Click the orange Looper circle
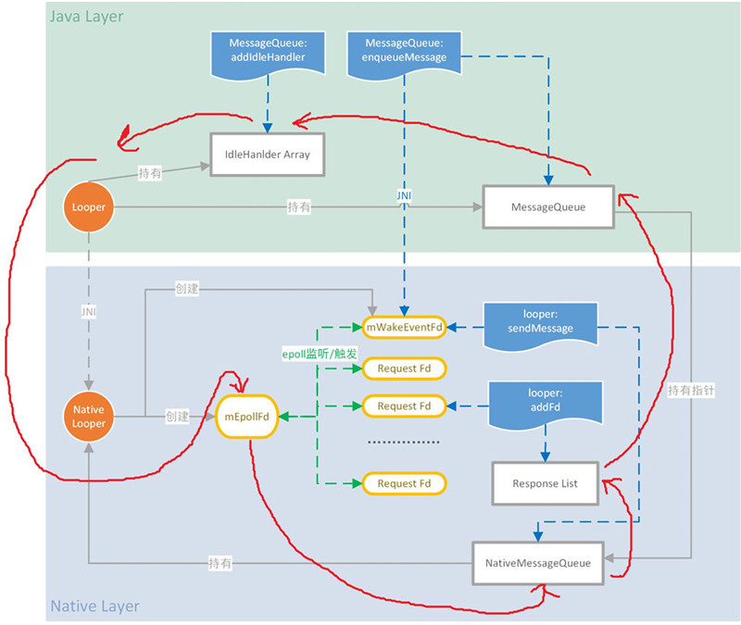point(87,207)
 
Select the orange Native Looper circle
point(87,417)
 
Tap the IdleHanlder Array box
point(268,155)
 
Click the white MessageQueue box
point(548,207)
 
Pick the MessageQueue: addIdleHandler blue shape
point(268,52)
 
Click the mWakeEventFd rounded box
point(405,328)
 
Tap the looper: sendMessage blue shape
point(541,321)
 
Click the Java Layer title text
point(87,17)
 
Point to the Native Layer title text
point(94,606)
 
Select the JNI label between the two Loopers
point(87,312)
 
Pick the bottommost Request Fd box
point(405,483)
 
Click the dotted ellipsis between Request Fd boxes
point(405,443)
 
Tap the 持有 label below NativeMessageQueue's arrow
point(220,563)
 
